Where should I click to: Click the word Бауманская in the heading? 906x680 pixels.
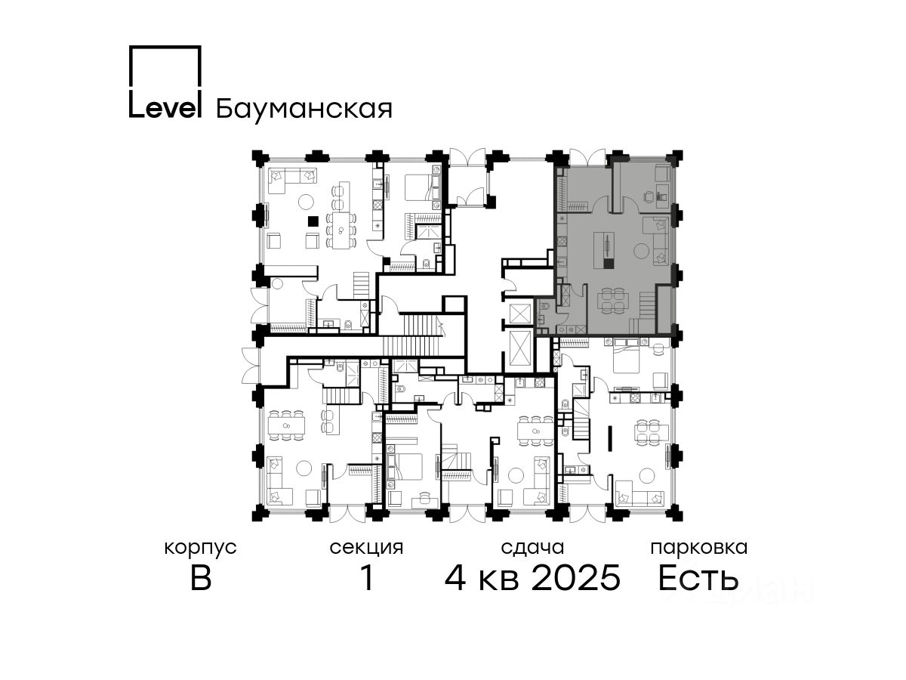pyautogui.click(x=304, y=110)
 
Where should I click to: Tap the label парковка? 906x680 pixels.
pyautogui.click(x=699, y=549)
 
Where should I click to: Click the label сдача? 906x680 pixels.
pyautogui.click(x=532, y=549)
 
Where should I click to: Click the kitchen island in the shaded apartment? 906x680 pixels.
pyautogui.click(x=604, y=250)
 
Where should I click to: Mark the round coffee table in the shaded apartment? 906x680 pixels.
pyautogui.click(x=642, y=251)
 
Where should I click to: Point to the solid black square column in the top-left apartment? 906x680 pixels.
pyautogui.click(x=313, y=221)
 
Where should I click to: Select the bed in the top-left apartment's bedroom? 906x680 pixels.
pyautogui.click(x=422, y=187)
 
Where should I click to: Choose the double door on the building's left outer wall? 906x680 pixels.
pyautogui.click(x=251, y=365)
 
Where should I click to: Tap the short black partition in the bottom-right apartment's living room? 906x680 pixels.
pyautogui.click(x=609, y=438)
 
